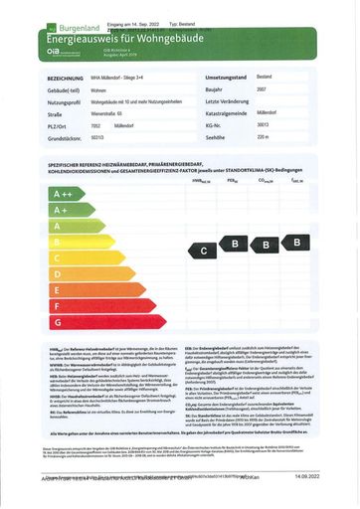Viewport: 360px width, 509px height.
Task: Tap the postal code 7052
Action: [x=96, y=125]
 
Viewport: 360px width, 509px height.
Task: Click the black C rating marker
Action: [x=204, y=252]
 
